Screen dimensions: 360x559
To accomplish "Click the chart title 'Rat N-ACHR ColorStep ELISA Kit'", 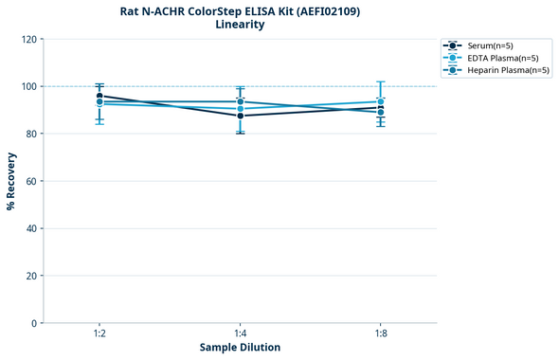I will coord(240,11).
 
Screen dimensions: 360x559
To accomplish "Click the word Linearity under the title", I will coord(240,25).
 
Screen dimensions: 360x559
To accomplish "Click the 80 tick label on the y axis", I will coord(30,134).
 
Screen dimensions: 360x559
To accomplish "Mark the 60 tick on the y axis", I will coord(30,181).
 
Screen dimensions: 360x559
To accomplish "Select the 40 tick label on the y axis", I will coord(30,228).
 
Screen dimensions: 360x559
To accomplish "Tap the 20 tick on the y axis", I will coord(30,276).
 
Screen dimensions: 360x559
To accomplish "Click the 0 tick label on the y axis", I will coord(33,323).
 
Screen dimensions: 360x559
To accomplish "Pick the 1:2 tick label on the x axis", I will coord(99,333).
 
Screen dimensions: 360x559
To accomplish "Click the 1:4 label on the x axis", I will coord(240,333).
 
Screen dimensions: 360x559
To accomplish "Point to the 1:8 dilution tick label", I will coord(380,333).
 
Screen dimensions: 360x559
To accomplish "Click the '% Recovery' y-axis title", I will coord(11,181).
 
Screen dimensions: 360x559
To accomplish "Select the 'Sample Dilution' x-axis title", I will coord(240,348).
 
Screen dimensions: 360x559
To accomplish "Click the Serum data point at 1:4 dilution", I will coord(240,116).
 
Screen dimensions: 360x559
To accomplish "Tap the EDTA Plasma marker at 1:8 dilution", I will coord(380,101).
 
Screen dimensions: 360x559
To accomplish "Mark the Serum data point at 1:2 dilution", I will coord(99,96).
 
